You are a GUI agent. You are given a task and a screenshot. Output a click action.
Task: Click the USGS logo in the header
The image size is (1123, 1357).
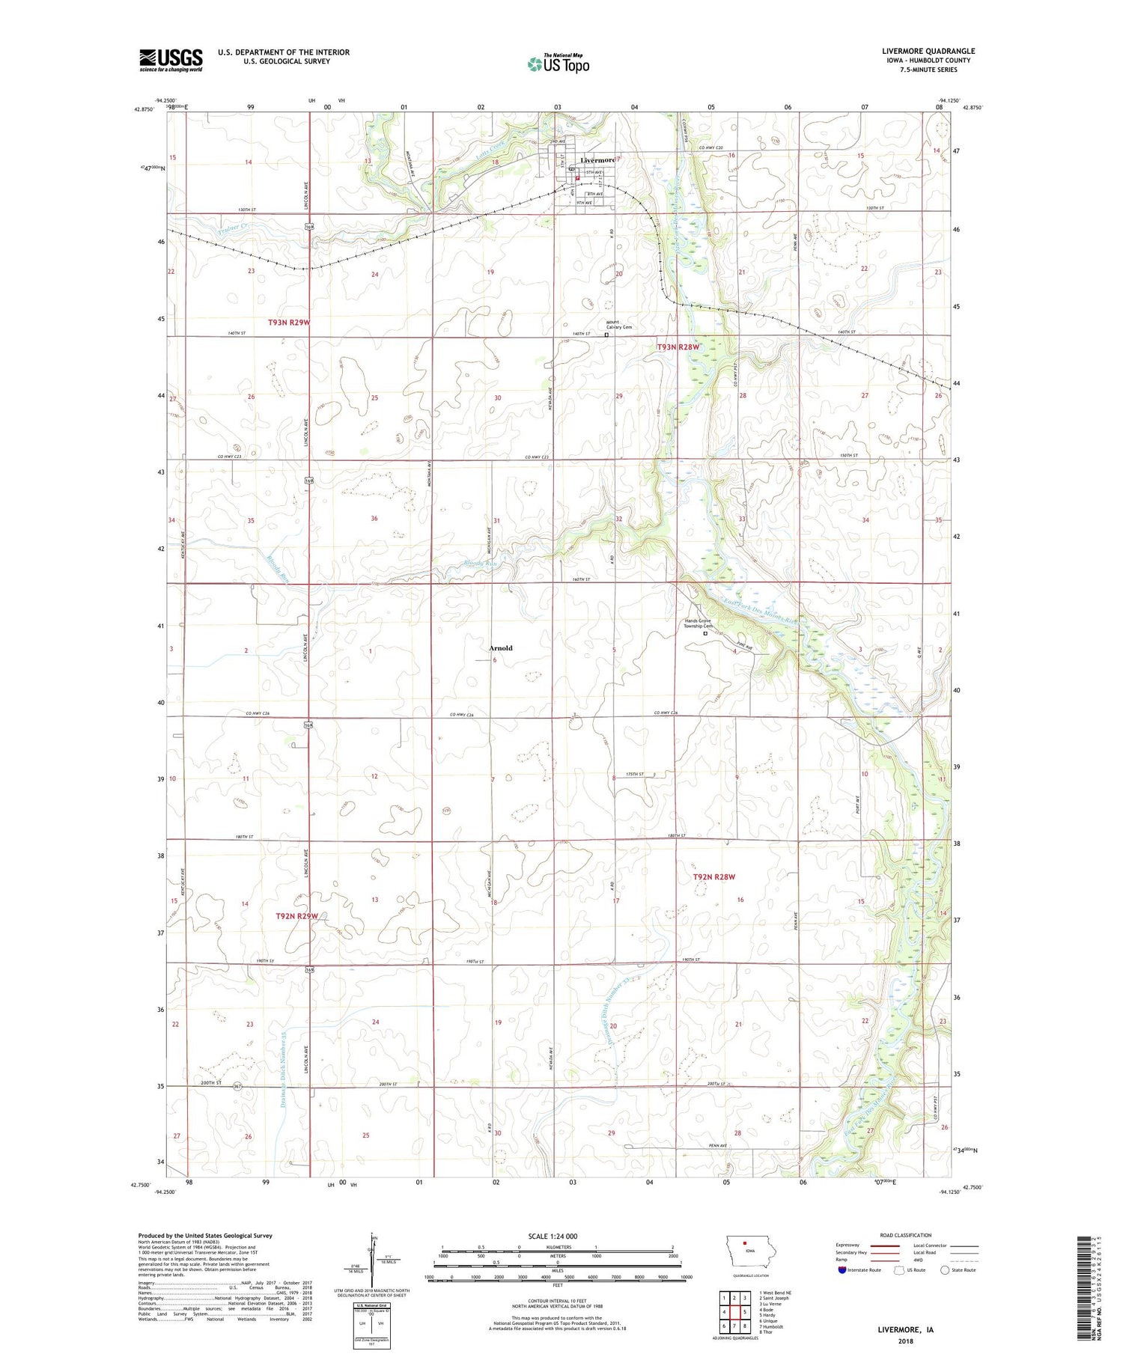pyautogui.click(x=171, y=60)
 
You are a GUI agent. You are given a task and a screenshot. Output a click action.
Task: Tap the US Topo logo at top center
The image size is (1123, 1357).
pyautogui.click(x=559, y=63)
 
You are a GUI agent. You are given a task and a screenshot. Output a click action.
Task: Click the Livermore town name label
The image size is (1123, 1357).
pyautogui.click(x=598, y=160)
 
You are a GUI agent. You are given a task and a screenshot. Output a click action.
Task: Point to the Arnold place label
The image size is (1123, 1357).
pyautogui.click(x=501, y=648)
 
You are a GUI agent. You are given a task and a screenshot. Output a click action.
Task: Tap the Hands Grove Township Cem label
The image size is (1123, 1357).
pyautogui.click(x=697, y=623)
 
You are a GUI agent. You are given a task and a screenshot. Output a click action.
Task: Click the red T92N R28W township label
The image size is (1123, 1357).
pyautogui.click(x=714, y=876)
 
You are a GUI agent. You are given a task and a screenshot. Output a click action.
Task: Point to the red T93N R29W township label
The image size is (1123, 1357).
pyautogui.click(x=289, y=323)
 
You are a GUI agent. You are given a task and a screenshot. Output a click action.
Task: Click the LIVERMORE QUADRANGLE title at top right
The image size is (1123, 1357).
pyautogui.click(x=928, y=52)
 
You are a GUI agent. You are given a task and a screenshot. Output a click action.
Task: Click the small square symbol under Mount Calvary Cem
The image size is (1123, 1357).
pyautogui.click(x=606, y=335)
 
